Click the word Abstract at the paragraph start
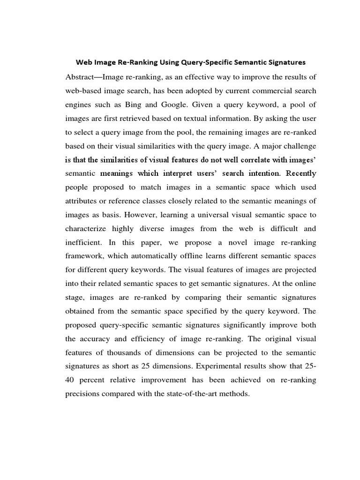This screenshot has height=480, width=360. (82, 77)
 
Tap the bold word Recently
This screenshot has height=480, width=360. (301, 173)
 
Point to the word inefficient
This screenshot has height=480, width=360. (84, 242)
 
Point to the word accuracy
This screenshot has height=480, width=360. (98, 339)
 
